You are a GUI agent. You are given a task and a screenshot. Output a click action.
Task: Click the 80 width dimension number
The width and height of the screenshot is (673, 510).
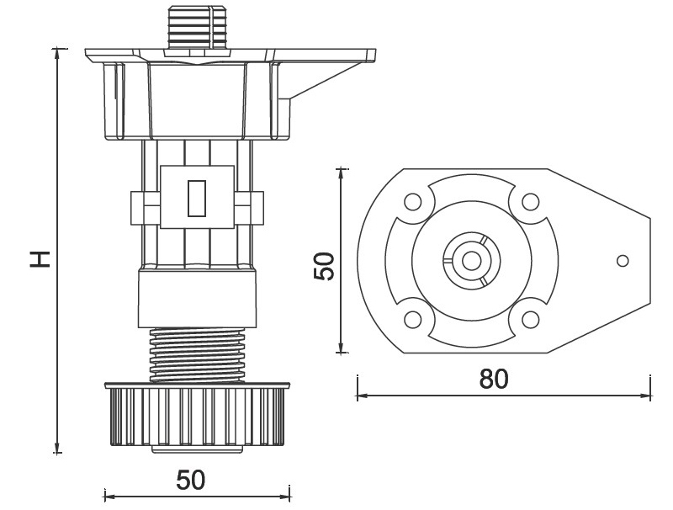pos(495,380)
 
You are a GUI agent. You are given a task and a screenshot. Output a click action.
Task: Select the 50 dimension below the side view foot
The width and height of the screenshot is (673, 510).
pos(191,481)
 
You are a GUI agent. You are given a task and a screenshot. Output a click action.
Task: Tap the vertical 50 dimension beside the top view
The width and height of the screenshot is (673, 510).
pos(326,266)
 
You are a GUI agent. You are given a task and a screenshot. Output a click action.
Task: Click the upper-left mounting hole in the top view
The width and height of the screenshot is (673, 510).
pos(412,203)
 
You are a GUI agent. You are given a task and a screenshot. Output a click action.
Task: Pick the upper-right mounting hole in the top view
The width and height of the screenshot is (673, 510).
pos(529,203)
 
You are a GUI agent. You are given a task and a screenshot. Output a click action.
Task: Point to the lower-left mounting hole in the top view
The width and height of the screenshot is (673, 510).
pos(412,320)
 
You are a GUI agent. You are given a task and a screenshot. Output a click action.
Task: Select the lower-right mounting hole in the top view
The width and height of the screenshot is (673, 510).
pos(529,320)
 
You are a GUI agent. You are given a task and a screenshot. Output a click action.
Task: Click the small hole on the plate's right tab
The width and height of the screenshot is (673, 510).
pos(623,260)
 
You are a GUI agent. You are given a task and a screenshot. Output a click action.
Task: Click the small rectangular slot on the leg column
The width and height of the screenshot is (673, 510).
pos(196,199)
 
